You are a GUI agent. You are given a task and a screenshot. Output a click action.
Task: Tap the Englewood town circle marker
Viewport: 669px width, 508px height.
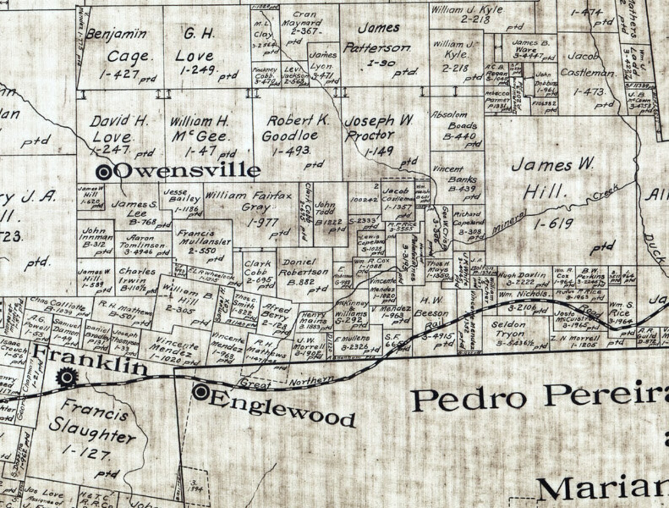(201, 392)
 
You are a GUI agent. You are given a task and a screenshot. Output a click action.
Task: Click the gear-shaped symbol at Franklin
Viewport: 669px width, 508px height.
(66, 377)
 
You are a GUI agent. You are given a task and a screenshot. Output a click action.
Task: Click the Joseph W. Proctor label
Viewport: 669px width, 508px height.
(377, 128)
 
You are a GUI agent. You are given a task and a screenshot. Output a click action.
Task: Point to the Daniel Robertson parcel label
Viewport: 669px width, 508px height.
(303, 267)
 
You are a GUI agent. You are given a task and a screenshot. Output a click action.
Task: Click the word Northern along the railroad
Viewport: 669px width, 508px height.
(311, 382)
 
